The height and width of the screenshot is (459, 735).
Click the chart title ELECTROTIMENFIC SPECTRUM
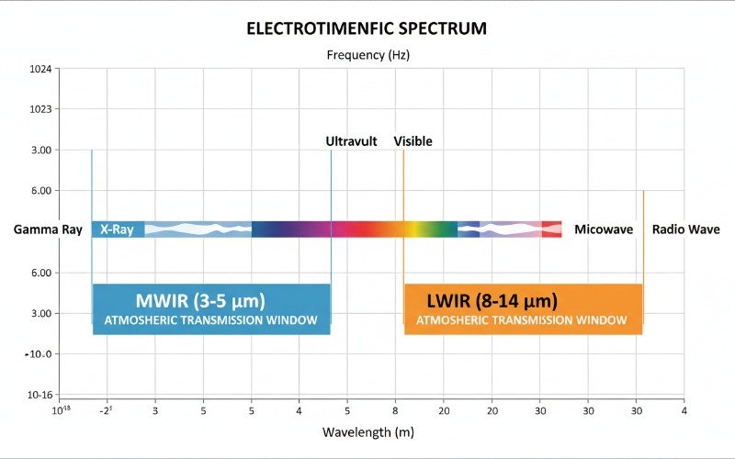coord(367,28)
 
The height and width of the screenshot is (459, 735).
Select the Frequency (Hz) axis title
coord(367,55)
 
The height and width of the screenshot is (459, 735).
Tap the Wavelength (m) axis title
coord(367,431)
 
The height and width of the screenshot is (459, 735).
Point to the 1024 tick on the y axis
coord(41,69)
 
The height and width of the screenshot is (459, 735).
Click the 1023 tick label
coord(41,109)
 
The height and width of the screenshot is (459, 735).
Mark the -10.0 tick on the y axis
coord(40,354)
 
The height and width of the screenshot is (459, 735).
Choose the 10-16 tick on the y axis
coord(40,396)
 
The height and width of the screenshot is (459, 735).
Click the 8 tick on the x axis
coord(395,409)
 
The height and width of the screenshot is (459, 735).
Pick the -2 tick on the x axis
coord(107,409)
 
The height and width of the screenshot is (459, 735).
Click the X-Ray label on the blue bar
coord(117,229)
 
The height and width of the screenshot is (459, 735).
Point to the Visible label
coord(413,141)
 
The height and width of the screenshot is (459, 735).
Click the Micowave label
coord(604,229)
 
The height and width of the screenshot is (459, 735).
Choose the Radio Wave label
coord(685,229)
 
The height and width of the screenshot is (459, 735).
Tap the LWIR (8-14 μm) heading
coord(492,300)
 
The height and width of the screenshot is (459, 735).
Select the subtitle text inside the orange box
coord(521,320)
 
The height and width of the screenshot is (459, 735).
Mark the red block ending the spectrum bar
coord(551,229)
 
